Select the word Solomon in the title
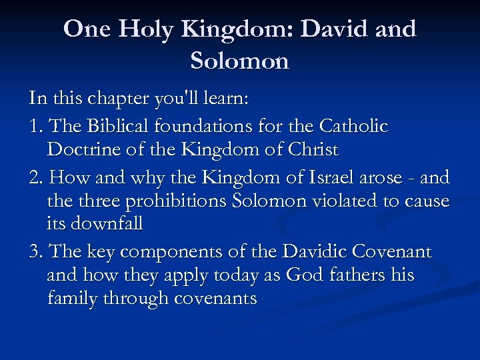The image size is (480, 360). [x=240, y=61]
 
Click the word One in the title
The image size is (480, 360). [x=83, y=29]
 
